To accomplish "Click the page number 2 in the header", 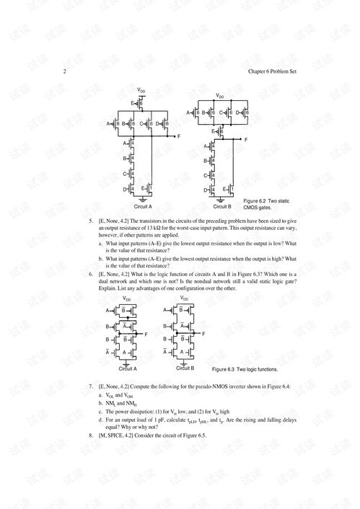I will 66,71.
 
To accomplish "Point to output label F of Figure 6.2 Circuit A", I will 177,136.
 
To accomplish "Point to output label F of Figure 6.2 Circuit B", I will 246,139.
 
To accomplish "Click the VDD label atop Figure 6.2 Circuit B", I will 219,94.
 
